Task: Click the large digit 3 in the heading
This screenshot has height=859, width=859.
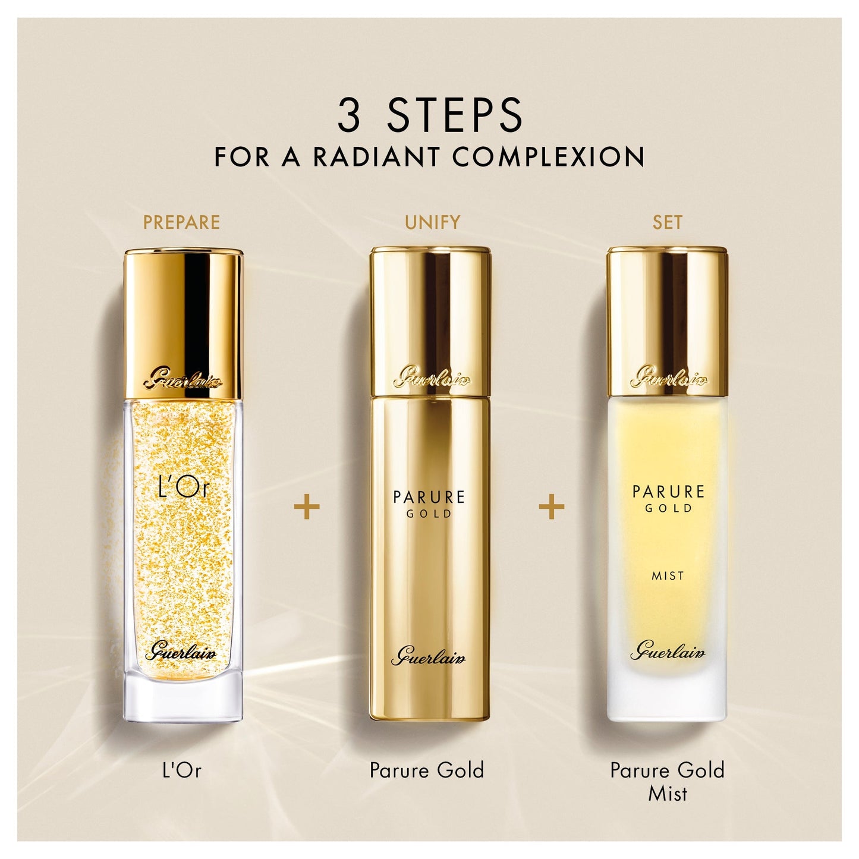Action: [x=348, y=115]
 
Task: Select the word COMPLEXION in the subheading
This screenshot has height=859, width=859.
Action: [x=548, y=156]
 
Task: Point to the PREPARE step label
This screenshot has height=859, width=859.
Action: [x=181, y=222]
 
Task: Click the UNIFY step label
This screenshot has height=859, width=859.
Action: [x=432, y=222]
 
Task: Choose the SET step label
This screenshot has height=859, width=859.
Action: [x=668, y=222]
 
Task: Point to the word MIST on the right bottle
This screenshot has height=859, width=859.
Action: [x=668, y=576]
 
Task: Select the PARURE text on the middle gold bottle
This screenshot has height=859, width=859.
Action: [x=429, y=496]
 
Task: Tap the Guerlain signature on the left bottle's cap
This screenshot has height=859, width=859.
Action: [x=183, y=381]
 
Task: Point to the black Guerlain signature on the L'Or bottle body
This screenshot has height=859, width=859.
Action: [x=181, y=653]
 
